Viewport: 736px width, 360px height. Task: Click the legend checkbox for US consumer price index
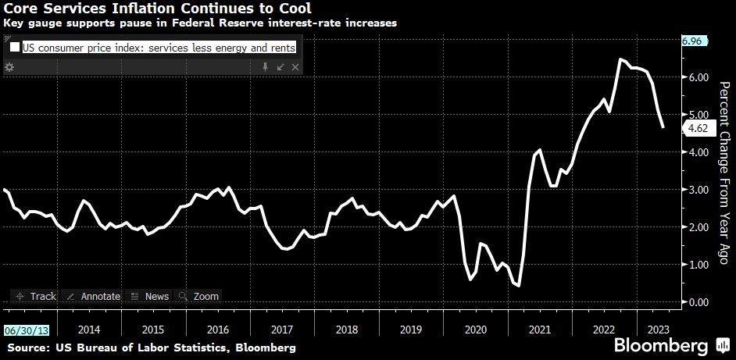pos(15,48)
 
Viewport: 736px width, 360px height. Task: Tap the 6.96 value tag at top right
pos(693,41)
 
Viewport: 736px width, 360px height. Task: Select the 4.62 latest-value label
pos(695,129)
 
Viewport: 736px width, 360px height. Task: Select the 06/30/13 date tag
pos(22,330)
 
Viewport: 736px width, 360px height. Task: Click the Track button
pos(34,297)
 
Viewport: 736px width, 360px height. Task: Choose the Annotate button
pos(93,297)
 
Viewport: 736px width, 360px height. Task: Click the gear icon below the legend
pos(9,68)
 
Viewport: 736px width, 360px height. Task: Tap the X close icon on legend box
pos(295,68)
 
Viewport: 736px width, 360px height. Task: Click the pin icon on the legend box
pos(265,68)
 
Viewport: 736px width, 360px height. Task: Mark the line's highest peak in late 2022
pos(620,59)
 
